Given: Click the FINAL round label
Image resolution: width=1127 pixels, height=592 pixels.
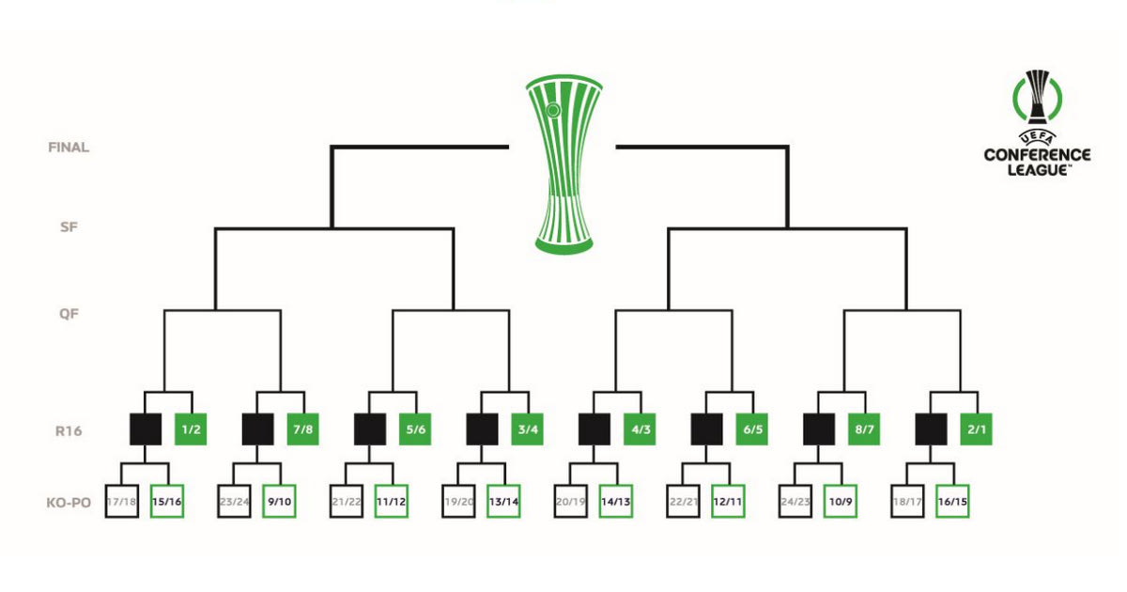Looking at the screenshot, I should click(x=69, y=148).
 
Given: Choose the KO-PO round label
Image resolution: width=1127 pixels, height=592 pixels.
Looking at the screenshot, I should click(x=68, y=503).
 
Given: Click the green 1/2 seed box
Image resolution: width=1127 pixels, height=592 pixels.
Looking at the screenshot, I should click(x=191, y=429).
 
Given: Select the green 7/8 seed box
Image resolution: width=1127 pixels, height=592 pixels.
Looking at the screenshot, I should click(x=302, y=429).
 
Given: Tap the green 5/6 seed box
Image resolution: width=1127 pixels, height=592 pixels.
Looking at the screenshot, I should click(x=415, y=429).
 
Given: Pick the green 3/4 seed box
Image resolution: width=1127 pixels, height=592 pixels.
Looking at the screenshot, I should click(x=527, y=429).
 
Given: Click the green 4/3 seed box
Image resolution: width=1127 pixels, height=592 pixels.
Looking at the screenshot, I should click(x=640, y=429).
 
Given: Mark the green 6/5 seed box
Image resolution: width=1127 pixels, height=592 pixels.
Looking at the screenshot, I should click(x=751, y=429).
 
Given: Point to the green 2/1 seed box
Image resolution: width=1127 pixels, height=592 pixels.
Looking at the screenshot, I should click(x=976, y=429).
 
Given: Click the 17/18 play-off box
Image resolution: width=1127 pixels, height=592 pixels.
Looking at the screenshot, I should click(x=121, y=502).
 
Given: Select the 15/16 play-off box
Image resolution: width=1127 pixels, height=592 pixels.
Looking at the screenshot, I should click(x=167, y=502).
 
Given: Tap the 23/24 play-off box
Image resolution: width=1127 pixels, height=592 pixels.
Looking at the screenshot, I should click(x=234, y=502).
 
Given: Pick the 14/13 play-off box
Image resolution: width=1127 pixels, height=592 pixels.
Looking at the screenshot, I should click(x=615, y=502).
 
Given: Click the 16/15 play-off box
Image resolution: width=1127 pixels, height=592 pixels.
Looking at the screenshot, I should click(x=952, y=502).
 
